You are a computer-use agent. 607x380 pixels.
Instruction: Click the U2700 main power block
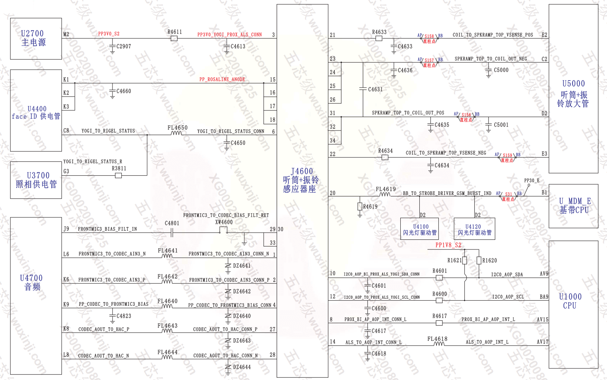click(x=36, y=38)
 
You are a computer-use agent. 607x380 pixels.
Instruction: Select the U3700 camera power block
click(x=36, y=180)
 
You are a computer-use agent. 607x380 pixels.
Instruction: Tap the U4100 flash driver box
click(x=420, y=229)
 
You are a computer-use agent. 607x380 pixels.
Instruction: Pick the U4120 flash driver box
click(x=474, y=229)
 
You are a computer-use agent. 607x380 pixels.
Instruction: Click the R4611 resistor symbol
click(x=174, y=38)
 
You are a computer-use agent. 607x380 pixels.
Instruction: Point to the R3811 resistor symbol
click(x=118, y=175)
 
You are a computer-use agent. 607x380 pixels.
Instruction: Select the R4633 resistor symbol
click(x=379, y=38)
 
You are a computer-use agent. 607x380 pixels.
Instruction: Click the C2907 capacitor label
click(x=124, y=47)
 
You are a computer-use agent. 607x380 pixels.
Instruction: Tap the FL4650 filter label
click(x=177, y=128)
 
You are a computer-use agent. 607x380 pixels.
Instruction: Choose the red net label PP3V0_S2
click(x=109, y=34)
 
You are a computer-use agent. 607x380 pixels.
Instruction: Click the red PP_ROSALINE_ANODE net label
click(x=222, y=79)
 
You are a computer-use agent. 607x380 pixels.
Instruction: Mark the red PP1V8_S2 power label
click(x=448, y=245)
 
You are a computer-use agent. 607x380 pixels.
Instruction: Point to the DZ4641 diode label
click(x=242, y=266)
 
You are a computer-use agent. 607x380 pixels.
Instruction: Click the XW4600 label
click(x=224, y=222)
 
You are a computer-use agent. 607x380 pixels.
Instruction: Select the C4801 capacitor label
click(x=172, y=223)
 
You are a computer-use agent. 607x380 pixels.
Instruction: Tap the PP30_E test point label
click(x=531, y=180)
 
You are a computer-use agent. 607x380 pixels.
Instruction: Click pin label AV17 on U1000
click(x=543, y=342)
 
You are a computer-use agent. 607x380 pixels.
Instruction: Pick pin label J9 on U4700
click(x=66, y=229)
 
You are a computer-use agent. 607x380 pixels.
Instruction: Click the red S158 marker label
click(x=429, y=37)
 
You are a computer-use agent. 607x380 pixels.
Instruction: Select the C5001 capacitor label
click(x=501, y=125)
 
